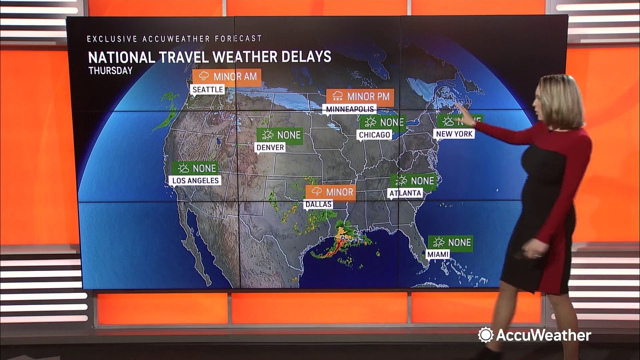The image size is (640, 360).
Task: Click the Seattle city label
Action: pyautogui.click(x=207, y=89)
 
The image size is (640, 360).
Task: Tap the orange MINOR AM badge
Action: pyautogui.click(x=227, y=77)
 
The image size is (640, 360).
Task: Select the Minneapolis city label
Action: pyautogui.click(x=350, y=108)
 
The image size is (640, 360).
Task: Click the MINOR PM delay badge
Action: pyautogui.click(x=360, y=96)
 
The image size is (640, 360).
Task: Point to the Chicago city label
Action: pyautogui.click(x=374, y=134)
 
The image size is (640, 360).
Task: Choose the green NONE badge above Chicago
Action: pyautogui.click(x=382, y=122)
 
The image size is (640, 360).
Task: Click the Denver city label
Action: pyautogui.click(x=270, y=147)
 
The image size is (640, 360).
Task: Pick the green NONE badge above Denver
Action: pyautogui.click(x=280, y=135)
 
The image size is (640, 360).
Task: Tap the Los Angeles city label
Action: pyautogui.click(x=195, y=180)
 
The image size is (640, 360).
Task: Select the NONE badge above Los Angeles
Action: pyautogui.click(x=195, y=168)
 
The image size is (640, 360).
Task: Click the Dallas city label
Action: pyautogui.click(x=318, y=204)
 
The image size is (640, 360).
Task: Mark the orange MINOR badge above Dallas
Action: pyautogui.click(x=330, y=192)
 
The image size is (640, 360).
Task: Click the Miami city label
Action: pyautogui.click(x=437, y=254)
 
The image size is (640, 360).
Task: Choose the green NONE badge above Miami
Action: pyautogui.click(x=450, y=243)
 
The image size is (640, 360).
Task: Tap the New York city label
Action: pyautogui.click(x=454, y=134)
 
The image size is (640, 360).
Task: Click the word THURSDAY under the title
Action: pyautogui.click(x=110, y=70)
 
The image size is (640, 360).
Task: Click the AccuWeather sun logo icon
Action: pyautogui.click(x=485, y=335)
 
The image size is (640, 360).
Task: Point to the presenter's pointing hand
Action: pyautogui.click(x=466, y=115)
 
